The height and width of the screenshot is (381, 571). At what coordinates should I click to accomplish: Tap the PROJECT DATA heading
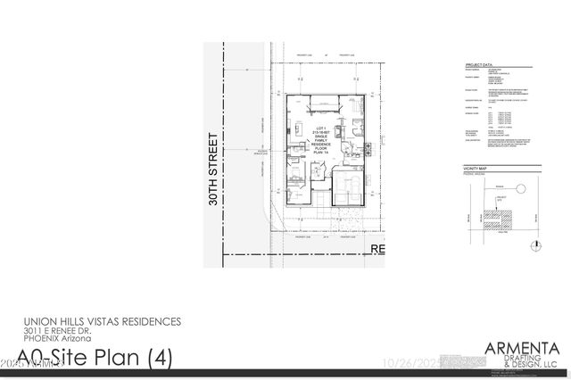pos(479,66)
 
